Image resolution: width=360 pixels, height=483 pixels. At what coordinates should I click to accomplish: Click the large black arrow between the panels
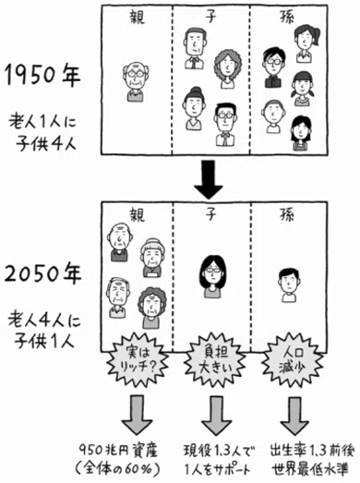pos(209,178)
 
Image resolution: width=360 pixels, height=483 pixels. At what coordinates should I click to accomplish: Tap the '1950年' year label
pos(42,76)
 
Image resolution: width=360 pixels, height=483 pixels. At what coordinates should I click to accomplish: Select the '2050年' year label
pos(42,274)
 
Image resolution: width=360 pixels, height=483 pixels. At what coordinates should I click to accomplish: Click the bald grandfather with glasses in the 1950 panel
pos(135,82)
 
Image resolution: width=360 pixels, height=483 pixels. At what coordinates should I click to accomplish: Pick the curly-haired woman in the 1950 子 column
pos(228,69)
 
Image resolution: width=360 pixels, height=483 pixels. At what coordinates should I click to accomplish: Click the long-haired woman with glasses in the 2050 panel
pos(213,277)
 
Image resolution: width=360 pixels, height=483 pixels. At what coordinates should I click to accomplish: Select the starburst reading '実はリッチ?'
pos(138,360)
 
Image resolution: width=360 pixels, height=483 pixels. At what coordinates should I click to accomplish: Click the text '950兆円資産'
pos(118,451)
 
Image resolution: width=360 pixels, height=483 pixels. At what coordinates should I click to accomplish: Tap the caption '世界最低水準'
pos(310,469)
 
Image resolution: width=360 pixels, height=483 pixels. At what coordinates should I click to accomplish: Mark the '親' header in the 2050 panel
pos(137,214)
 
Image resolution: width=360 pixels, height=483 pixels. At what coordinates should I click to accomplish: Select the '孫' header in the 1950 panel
pos(287,16)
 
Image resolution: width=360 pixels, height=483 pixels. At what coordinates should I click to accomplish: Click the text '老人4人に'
pos(44,321)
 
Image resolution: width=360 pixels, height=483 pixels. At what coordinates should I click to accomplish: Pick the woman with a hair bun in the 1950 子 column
pos(195,108)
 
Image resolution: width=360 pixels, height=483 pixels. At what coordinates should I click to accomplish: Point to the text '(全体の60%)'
pos(117,469)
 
